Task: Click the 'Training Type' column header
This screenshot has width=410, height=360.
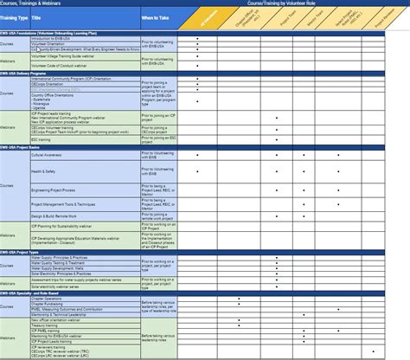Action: click(x=16, y=18)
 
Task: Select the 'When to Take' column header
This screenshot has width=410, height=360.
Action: click(x=156, y=18)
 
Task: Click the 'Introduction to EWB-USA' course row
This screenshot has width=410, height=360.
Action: click(x=52, y=39)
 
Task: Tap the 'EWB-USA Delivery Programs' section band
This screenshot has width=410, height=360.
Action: click(x=35, y=74)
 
